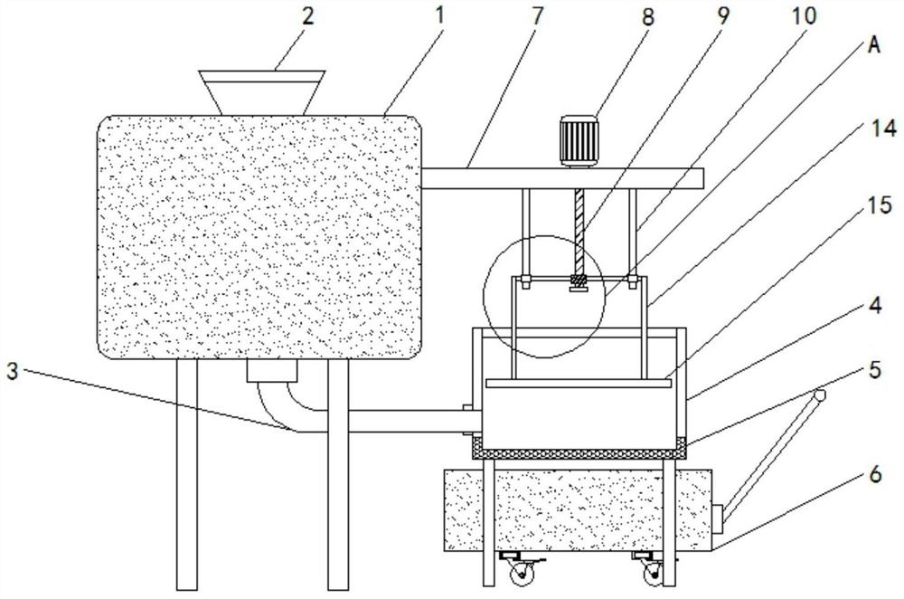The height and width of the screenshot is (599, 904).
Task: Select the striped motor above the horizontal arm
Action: pyautogui.click(x=579, y=140)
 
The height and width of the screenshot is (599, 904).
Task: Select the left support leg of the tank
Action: pyautogui.click(x=187, y=471)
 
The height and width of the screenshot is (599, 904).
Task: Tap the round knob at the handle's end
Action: pyautogui.click(x=820, y=395)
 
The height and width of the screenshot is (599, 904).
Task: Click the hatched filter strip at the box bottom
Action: pyautogui.click(x=579, y=447)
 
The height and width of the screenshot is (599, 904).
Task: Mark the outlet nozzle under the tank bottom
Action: pyautogui.click(x=270, y=372)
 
